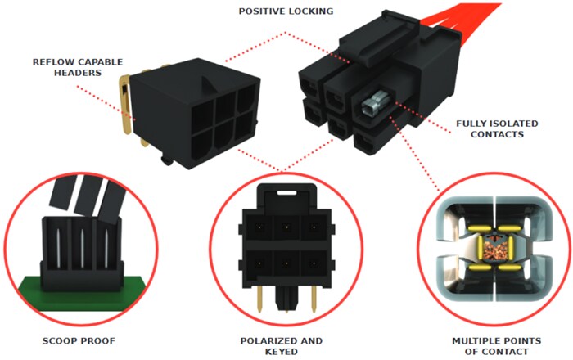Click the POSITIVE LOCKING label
click(286, 11)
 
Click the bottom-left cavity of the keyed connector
click(256, 263)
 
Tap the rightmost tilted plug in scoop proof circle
click(111, 198)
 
